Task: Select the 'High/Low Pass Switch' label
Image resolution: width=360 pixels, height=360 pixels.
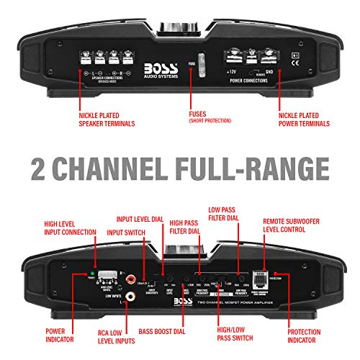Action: [x=241, y=336]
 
